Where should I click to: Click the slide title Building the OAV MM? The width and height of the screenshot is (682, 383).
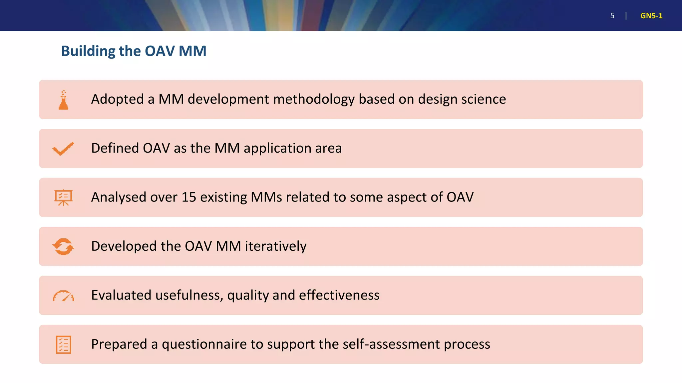pos(134,51)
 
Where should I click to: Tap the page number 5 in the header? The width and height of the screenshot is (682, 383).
pos(612,16)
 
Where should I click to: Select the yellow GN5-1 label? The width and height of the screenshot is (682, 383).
pos(651,16)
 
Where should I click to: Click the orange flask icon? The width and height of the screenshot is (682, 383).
pos(63,100)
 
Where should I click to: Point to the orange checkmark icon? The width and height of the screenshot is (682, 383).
pos(63,149)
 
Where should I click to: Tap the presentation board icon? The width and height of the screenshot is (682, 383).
pos(63,197)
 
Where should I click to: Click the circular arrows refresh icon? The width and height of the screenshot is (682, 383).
pos(63,247)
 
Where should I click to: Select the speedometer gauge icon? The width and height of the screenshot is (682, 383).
pos(63,296)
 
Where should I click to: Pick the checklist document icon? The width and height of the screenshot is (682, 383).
pos(63,345)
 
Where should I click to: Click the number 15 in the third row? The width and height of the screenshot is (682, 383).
pos(189,197)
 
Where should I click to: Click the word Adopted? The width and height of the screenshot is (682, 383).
pos(118,99)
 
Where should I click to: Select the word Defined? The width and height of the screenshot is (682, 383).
pos(115,148)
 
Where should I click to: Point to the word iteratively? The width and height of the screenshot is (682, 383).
pos(276,246)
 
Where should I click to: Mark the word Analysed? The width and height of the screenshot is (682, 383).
pos(119,197)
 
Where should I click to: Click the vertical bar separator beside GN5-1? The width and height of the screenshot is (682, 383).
pos(626,16)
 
